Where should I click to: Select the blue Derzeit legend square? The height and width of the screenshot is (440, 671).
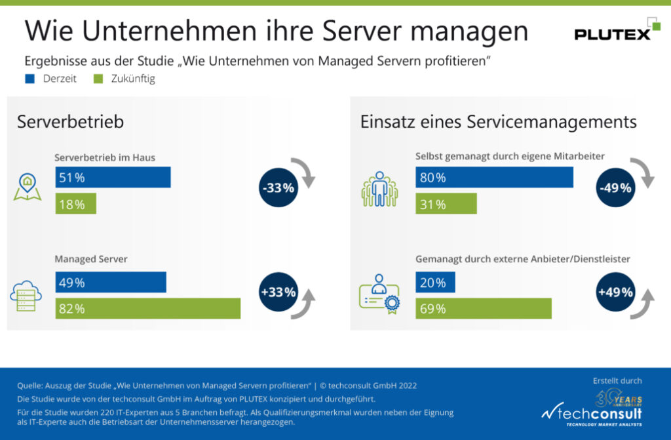click(29, 79)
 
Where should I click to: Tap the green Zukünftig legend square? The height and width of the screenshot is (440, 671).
click(98, 79)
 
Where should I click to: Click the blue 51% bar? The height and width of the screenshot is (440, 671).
click(113, 178)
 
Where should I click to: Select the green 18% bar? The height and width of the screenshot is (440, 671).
click(75, 204)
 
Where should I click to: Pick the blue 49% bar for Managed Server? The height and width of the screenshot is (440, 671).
click(110, 283)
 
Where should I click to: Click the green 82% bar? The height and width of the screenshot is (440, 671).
click(147, 309)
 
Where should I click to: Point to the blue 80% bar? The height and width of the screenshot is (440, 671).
click(494, 178)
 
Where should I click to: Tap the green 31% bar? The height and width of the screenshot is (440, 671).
click(446, 204)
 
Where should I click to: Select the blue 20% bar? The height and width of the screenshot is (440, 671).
click(435, 283)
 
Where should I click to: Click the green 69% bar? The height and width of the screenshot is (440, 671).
click(483, 309)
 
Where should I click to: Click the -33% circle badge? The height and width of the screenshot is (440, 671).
click(278, 188)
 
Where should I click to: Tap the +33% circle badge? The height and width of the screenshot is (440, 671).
click(278, 292)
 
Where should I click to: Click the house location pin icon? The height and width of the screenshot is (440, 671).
click(28, 187)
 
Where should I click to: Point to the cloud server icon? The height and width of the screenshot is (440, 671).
click(26, 295)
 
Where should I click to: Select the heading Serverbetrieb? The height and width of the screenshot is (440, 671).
click(70, 122)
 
